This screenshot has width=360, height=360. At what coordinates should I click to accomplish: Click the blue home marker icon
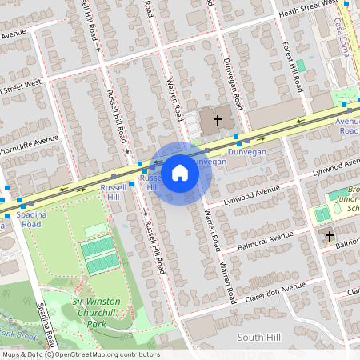pyautogui.click(x=180, y=172)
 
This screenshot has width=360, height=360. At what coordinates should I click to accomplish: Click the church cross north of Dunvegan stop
pyautogui.click(x=217, y=121)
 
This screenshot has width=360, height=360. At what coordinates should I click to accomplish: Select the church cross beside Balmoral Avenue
pyautogui.click(x=329, y=237)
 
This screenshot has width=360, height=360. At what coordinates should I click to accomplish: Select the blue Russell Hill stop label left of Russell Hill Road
pyautogui.click(x=110, y=191)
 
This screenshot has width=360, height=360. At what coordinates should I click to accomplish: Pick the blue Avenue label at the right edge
pyautogui.click(x=348, y=126)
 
